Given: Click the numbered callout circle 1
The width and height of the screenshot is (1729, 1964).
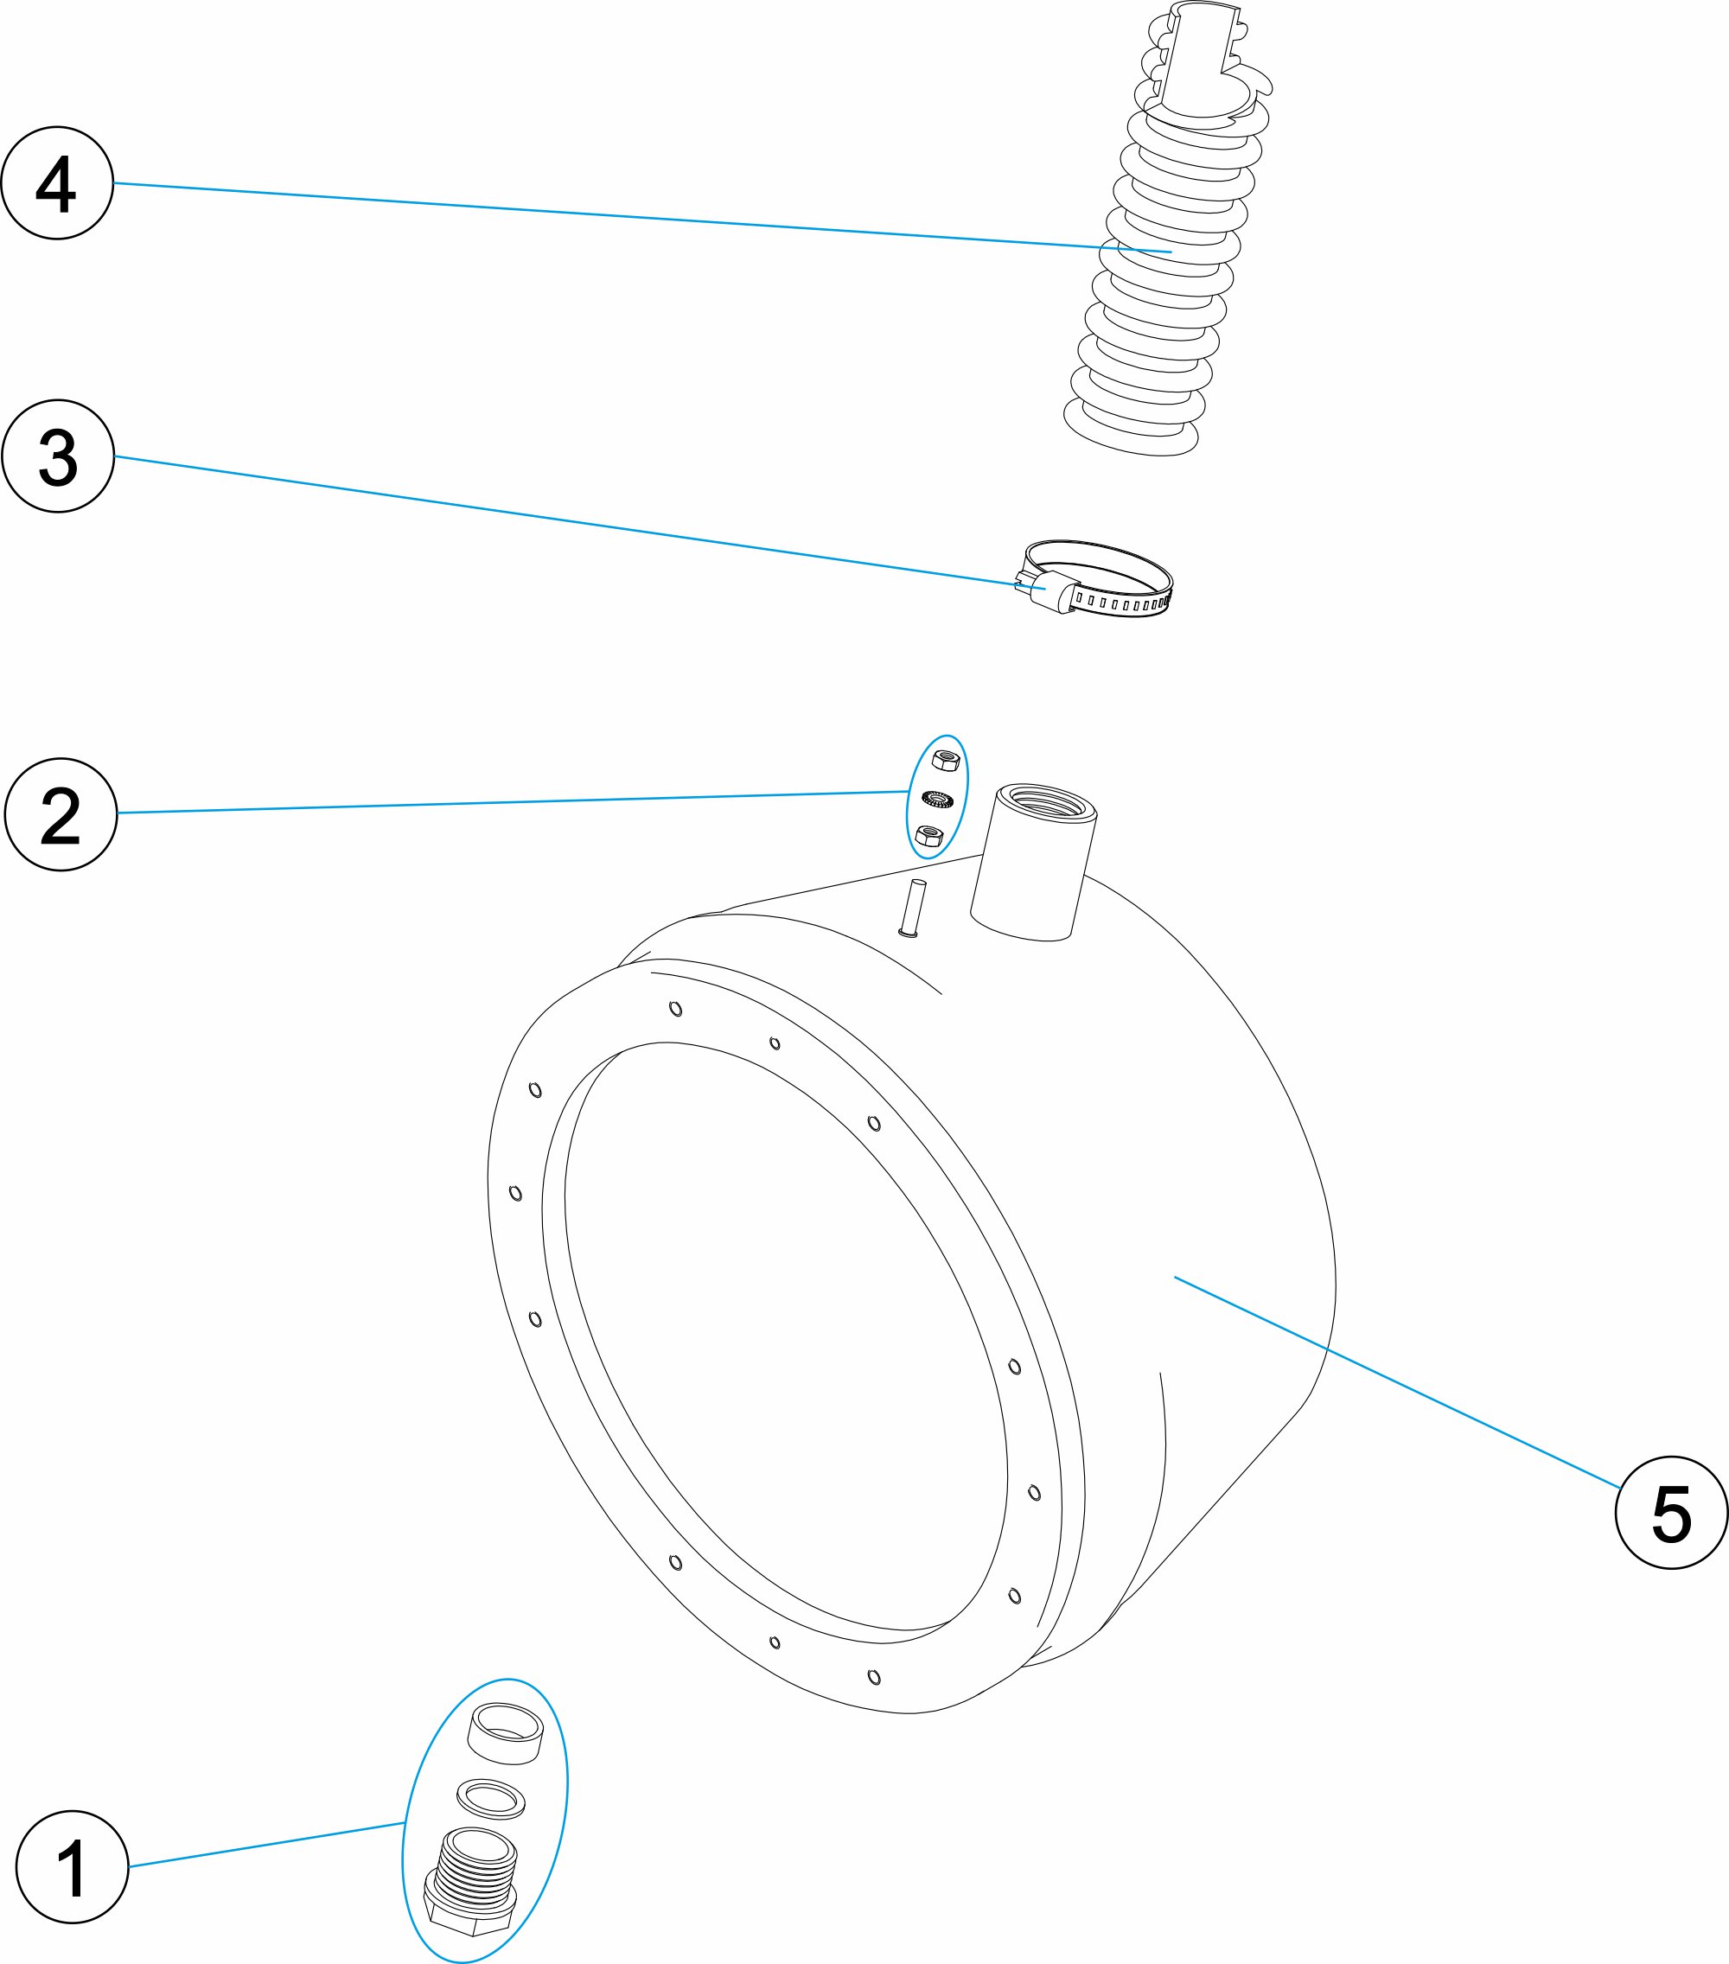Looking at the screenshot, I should click(x=72, y=1866).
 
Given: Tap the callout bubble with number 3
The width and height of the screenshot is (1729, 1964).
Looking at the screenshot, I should click(x=58, y=456).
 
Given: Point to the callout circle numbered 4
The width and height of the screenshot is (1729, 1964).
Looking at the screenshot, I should click(x=57, y=182).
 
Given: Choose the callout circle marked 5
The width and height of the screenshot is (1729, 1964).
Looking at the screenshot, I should click(x=1671, y=1513).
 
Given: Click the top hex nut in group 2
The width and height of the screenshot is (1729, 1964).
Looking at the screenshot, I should click(x=946, y=760).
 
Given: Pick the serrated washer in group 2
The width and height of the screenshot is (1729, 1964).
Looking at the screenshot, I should click(x=937, y=798).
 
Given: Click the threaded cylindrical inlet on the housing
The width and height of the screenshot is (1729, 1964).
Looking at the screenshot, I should click(x=1033, y=860).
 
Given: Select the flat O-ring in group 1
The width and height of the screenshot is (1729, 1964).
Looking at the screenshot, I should click(x=490, y=1798).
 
